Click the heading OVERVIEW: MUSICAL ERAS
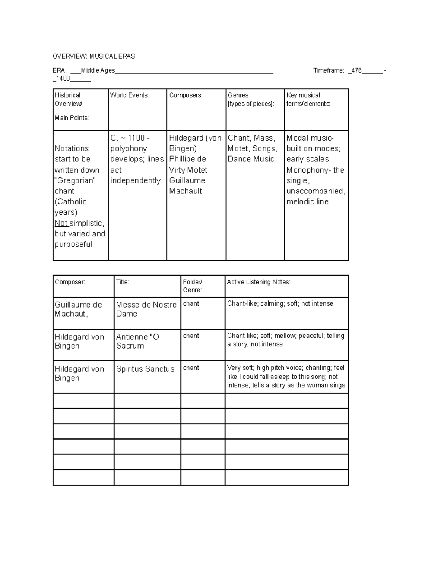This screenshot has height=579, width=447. [93, 56]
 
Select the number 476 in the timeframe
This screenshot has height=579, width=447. [356, 70]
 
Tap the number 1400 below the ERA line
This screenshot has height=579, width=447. [63, 79]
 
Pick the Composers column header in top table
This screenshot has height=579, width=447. [186, 95]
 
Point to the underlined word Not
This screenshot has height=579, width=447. [61, 223]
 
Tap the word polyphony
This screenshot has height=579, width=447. [129, 148]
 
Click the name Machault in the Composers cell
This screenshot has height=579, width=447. [186, 191]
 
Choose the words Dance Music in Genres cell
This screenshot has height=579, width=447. [251, 159]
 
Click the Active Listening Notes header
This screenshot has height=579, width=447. [259, 282]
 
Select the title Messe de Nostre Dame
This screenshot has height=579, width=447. [146, 309]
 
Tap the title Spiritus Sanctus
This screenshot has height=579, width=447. [145, 369]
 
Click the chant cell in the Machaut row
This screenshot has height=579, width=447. [191, 304]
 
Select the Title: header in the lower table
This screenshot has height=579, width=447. [123, 282]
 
